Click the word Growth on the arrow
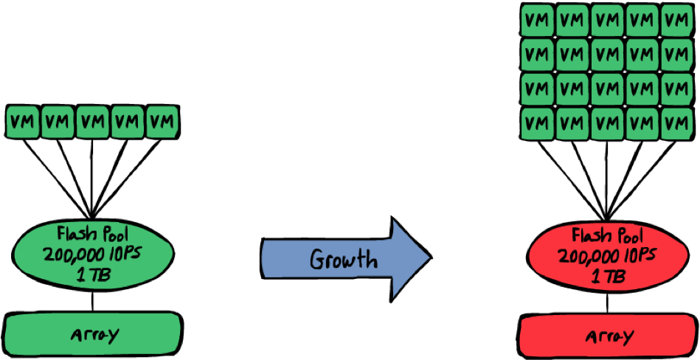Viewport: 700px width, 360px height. tap(343, 260)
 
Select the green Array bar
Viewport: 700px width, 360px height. tap(93, 334)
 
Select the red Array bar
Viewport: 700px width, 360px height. tap(609, 337)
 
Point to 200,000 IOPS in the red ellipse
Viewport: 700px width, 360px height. tap(609, 257)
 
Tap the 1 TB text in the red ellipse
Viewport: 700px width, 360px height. tap(609, 277)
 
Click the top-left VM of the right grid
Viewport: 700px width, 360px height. tap(538, 20)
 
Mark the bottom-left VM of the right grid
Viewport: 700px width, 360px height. tap(538, 123)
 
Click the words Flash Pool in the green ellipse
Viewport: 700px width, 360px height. tap(94, 235)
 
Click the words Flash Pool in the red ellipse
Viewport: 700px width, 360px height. tap(609, 237)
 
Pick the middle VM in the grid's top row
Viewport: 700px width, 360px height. tap(608, 20)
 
